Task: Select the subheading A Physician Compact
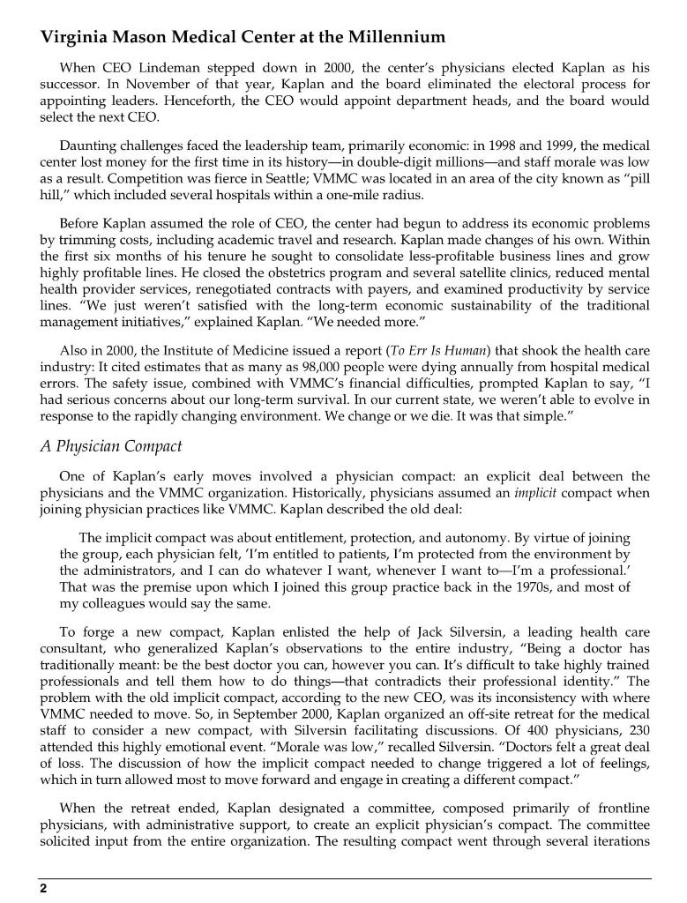tap(110, 445)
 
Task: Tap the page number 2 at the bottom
tap(41, 889)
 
